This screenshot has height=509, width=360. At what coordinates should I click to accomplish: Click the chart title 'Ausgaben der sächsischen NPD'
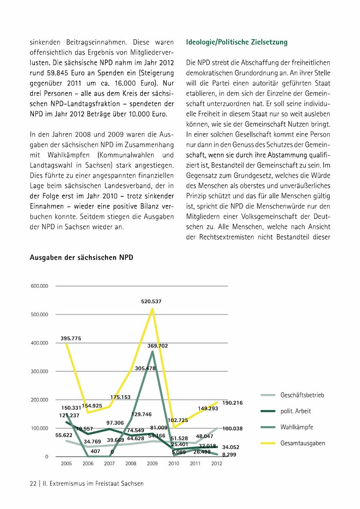click(81, 258)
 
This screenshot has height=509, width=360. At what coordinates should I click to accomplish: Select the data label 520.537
click(151, 301)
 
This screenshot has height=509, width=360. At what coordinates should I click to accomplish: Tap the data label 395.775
click(71, 338)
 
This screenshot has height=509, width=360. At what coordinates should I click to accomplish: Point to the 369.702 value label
click(158, 346)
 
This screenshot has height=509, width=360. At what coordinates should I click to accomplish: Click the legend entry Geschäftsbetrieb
click(302, 395)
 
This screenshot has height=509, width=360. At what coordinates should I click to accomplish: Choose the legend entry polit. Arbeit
click(296, 411)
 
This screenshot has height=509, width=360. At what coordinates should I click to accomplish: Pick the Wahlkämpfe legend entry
click(296, 427)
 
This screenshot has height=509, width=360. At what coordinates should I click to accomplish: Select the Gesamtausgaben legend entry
click(302, 443)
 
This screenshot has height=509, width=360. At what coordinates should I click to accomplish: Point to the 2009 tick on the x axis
click(152, 464)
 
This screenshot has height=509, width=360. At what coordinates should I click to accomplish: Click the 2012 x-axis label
click(216, 464)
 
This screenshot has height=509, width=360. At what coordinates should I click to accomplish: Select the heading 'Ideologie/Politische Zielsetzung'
click(237, 42)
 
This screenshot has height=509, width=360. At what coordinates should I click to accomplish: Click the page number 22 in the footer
click(33, 483)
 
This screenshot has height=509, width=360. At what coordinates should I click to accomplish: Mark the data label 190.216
click(232, 403)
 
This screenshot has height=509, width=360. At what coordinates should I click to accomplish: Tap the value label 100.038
click(232, 429)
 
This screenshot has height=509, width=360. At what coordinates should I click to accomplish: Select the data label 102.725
click(178, 420)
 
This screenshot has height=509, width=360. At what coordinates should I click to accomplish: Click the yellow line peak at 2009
click(152, 309)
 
